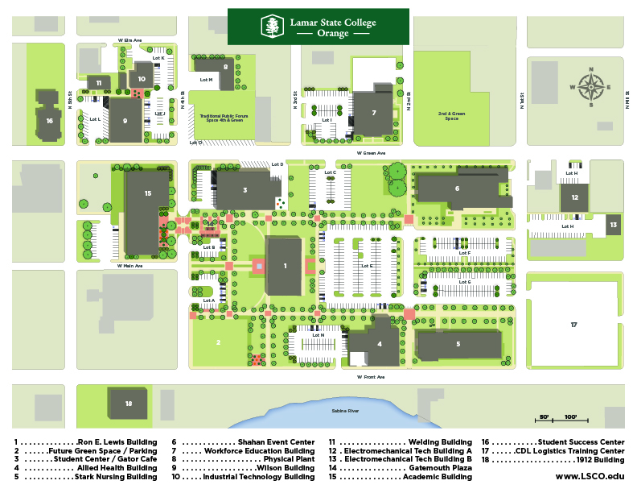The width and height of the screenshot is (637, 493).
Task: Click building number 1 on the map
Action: point(284,265)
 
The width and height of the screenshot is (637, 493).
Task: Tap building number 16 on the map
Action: point(49,121)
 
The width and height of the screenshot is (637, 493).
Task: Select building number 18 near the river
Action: point(128,402)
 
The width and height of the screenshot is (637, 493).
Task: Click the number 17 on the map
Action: point(573,325)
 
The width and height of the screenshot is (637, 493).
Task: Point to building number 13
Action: point(613,225)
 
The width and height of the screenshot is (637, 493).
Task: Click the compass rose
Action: point(591,87)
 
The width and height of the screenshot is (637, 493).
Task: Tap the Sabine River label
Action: point(345,411)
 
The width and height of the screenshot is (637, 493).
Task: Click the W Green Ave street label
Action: point(371,152)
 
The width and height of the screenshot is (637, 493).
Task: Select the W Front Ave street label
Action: point(371,376)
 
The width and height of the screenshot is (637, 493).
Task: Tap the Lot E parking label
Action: point(368,265)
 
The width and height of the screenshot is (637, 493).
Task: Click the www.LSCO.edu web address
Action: point(590,477)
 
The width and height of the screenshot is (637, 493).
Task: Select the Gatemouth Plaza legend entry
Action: point(400,468)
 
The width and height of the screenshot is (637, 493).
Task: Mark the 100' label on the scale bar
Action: point(570,416)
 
